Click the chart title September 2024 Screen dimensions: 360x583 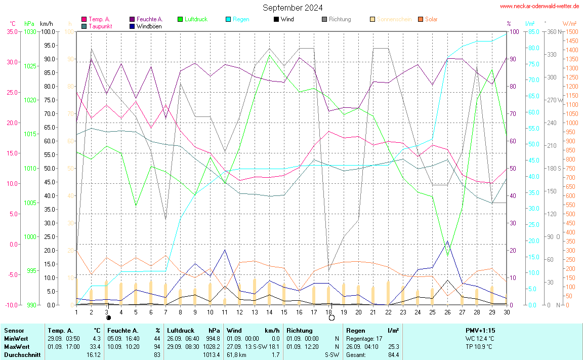click(x=293, y=8)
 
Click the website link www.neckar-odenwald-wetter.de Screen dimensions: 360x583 click(x=539, y=6)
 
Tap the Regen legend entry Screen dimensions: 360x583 click(x=241, y=19)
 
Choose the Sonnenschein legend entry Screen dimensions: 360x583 click(x=394, y=19)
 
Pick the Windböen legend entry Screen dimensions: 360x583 click(x=149, y=26)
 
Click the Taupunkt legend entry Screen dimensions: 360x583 click(x=100, y=26)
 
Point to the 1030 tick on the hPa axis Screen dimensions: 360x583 click(x=30, y=31)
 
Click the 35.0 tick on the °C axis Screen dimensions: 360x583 click(x=12, y=31)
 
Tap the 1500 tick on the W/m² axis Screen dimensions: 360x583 click(x=571, y=31)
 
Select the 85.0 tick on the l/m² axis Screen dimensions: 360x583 click(x=532, y=31)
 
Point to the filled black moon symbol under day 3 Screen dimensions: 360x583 click(x=108, y=318)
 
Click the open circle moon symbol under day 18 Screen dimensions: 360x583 click(x=331, y=318)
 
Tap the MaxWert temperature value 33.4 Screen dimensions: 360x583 click(x=95, y=346)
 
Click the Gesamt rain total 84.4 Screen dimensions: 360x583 click(x=393, y=354)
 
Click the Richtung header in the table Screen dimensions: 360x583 click(x=300, y=330)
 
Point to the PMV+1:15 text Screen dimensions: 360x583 click(x=480, y=330)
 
